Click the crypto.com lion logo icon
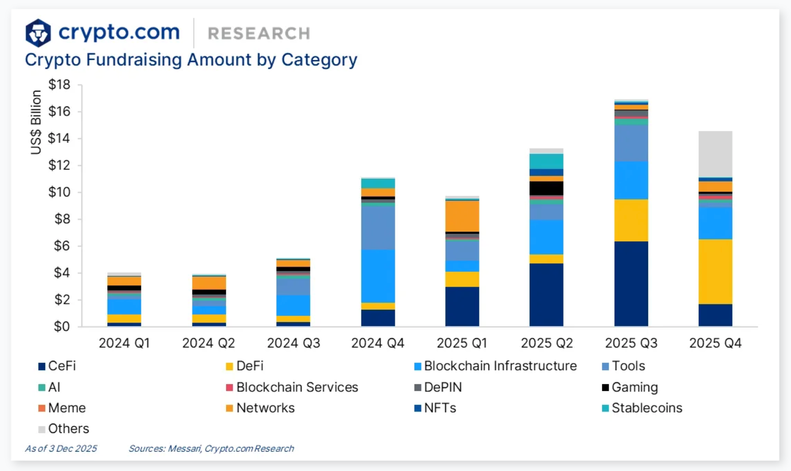coord(38,33)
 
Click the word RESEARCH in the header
coord(259,34)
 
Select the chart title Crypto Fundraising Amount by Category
coord(191,60)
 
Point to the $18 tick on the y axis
coord(59,85)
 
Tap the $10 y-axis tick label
coord(59,192)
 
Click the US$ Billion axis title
coord(36,122)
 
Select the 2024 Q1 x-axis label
coord(124,343)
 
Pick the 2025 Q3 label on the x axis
coord(631,343)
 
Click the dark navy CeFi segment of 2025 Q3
coord(631,283)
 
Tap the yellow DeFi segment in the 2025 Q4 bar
coord(715,271)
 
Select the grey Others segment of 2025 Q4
coord(715,154)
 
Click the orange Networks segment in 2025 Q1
coord(462,216)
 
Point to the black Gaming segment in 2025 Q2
coord(547,188)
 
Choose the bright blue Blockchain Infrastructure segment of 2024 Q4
coord(378,276)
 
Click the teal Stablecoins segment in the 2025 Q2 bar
coord(547,161)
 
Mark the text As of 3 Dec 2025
coord(61,448)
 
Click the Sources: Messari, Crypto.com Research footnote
coord(211,448)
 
